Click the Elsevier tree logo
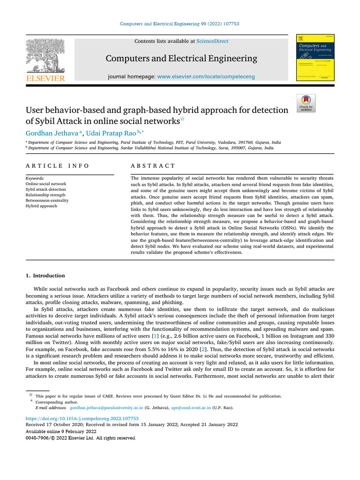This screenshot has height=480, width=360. tap(45, 55)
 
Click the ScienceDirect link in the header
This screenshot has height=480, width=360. tap(212, 41)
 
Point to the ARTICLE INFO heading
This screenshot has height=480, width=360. tap(57, 166)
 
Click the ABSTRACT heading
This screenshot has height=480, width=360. tap(153, 166)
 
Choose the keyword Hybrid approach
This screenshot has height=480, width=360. tap(42, 206)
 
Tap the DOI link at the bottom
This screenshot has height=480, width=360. tap(82, 418)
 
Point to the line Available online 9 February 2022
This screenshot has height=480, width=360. tap(60, 431)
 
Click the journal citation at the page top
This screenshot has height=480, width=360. tap(180, 24)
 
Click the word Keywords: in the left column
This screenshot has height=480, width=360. tap(35, 179)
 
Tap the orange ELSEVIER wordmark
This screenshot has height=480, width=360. tap(45, 79)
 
